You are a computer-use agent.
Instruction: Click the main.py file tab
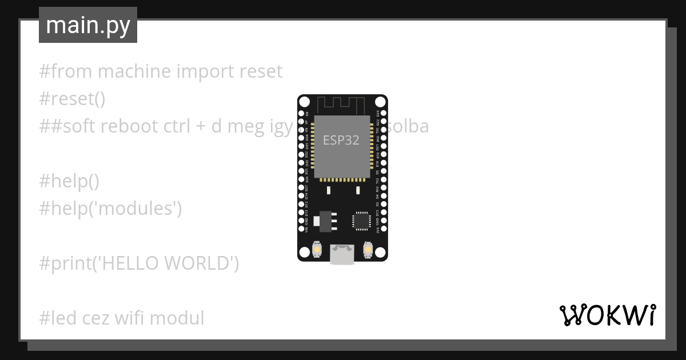pos(88,25)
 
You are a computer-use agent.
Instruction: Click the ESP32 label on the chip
pos(341,140)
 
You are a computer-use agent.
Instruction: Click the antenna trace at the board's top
pos(342,105)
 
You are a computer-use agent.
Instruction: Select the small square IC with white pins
pos(361,221)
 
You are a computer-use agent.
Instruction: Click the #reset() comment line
pos(72,99)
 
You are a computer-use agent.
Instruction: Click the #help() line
pos(69,181)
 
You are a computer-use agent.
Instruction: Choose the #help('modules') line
pos(110,209)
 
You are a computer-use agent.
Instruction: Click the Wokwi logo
pos(608,315)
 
